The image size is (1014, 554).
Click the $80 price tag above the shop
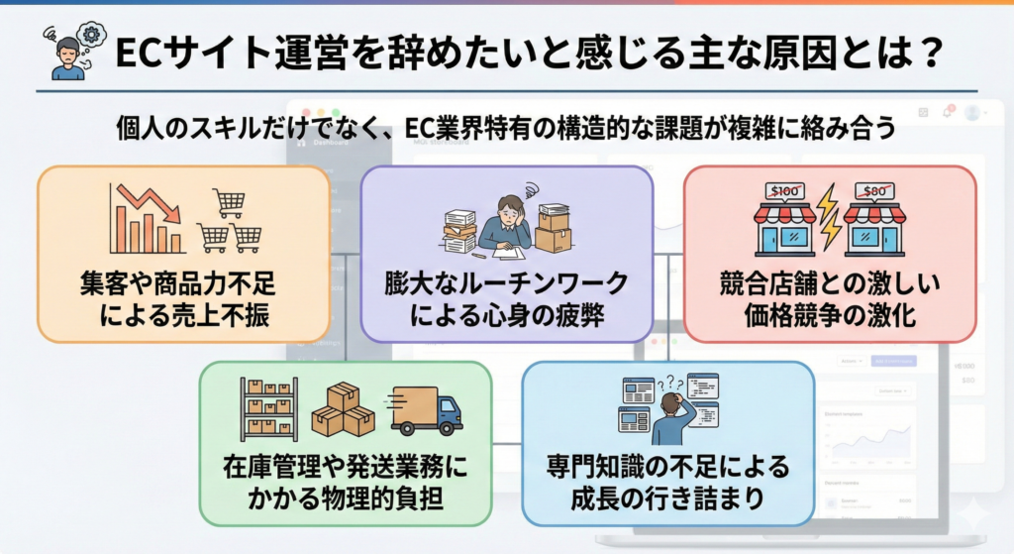[873, 191]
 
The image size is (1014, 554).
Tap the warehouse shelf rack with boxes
[268, 408]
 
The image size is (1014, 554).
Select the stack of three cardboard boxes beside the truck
[343, 410]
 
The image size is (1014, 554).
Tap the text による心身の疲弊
[506, 317]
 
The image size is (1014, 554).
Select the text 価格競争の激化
[830, 317]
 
